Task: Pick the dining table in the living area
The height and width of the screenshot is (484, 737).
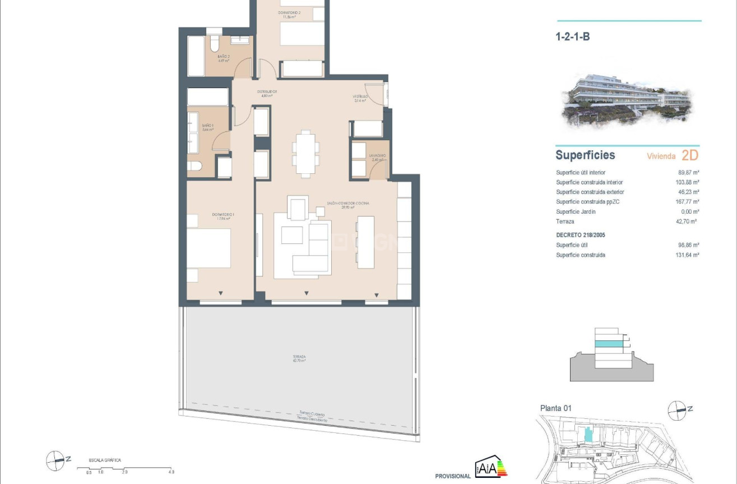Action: (x=305, y=153)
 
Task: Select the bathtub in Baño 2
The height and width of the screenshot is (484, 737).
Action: (x=196, y=56)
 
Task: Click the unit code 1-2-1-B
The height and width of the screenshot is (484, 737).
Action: (x=572, y=38)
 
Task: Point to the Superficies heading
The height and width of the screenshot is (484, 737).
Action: (x=585, y=155)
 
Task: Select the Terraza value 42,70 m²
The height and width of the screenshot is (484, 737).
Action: (x=687, y=222)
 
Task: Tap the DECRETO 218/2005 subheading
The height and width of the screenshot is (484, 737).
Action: (x=580, y=235)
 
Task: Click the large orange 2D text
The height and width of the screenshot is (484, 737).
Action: (x=690, y=155)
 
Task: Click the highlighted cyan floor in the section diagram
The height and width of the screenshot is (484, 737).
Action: (x=608, y=344)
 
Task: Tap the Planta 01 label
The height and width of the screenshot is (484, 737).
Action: (x=555, y=408)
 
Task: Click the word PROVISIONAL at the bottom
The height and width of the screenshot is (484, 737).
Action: (x=453, y=476)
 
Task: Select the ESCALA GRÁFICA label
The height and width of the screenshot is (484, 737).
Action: (x=105, y=460)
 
